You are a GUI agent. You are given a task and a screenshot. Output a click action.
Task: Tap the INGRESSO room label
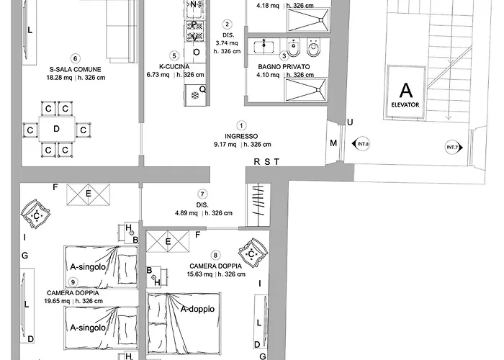tap(241, 136)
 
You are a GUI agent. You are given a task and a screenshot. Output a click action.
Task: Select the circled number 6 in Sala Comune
tap(75, 58)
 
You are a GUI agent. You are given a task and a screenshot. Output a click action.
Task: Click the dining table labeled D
tap(57, 129)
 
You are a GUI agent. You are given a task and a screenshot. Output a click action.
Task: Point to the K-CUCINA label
tap(174, 67)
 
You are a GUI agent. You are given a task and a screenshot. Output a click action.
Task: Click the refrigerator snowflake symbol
tap(194, 96)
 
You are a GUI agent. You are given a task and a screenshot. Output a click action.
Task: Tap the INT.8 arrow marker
tap(361, 144)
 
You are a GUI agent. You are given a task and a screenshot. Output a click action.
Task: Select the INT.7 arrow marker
tap(454, 148)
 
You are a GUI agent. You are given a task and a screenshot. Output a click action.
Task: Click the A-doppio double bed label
tap(197, 309)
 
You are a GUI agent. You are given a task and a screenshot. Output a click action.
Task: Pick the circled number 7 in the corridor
tap(202, 194)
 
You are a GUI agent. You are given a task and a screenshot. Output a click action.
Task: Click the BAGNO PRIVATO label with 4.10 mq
tap(284, 67)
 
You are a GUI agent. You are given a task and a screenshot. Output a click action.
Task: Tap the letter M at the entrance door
tap(333, 143)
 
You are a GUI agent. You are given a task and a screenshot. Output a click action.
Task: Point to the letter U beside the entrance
tap(350, 122)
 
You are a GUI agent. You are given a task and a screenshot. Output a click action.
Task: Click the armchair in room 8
tap(253, 254)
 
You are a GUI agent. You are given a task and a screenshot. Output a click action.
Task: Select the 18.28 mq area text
tap(59, 78)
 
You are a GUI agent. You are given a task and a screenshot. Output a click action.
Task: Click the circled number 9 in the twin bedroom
tap(73, 282)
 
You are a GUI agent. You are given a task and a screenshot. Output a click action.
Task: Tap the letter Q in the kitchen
tap(202, 89)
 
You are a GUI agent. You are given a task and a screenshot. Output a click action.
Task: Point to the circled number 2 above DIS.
tap(228, 24)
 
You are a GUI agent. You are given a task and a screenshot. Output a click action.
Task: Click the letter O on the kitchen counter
tap(196, 52)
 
